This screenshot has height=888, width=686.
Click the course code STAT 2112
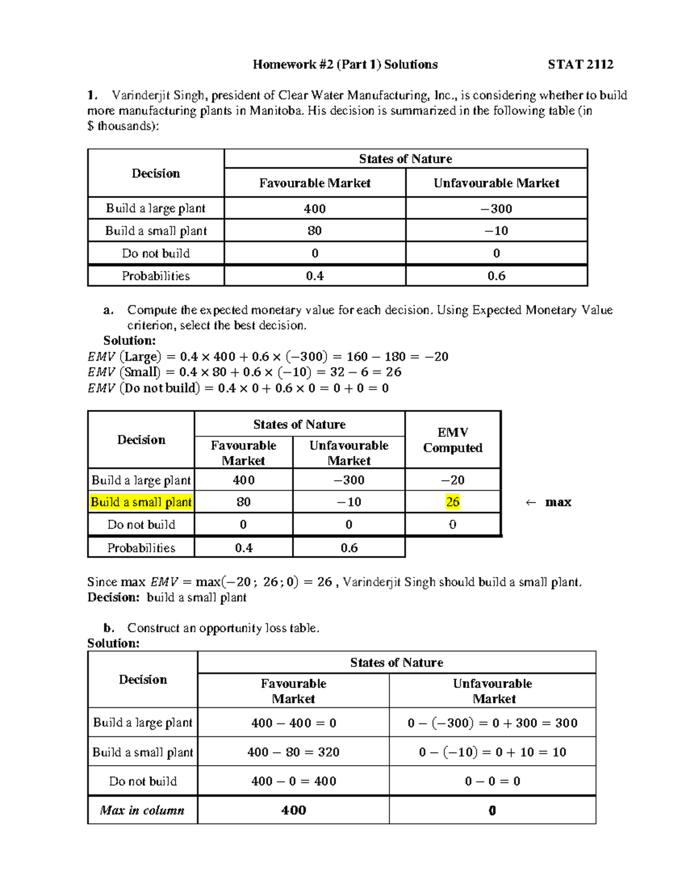[x=580, y=65]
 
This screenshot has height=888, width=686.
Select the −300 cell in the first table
[x=496, y=209]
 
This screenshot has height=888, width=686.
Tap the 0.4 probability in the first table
[x=314, y=276]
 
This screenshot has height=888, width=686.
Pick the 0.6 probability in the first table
[x=496, y=276]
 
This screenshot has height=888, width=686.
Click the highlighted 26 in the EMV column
[x=452, y=502]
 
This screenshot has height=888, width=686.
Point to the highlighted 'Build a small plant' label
[x=141, y=502]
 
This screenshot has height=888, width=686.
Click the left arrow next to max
[x=531, y=503]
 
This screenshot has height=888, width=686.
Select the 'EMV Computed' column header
[x=452, y=440]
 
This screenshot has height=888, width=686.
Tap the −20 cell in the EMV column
[x=452, y=480]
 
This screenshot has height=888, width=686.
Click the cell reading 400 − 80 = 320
[x=293, y=752]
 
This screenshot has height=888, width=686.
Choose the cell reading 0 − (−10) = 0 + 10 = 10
[x=492, y=752]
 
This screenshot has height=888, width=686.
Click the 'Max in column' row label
[x=142, y=810]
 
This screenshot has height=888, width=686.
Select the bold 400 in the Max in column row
[x=293, y=810]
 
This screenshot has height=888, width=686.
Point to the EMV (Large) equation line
[x=268, y=357]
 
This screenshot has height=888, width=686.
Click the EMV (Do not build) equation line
[x=238, y=388]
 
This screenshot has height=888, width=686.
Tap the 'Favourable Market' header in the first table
[x=314, y=183]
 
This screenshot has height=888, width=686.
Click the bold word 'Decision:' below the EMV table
[x=113, y=598]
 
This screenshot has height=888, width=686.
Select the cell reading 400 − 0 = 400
[x=293, y=781]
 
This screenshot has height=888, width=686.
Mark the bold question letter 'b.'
[x=109, y=628]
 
